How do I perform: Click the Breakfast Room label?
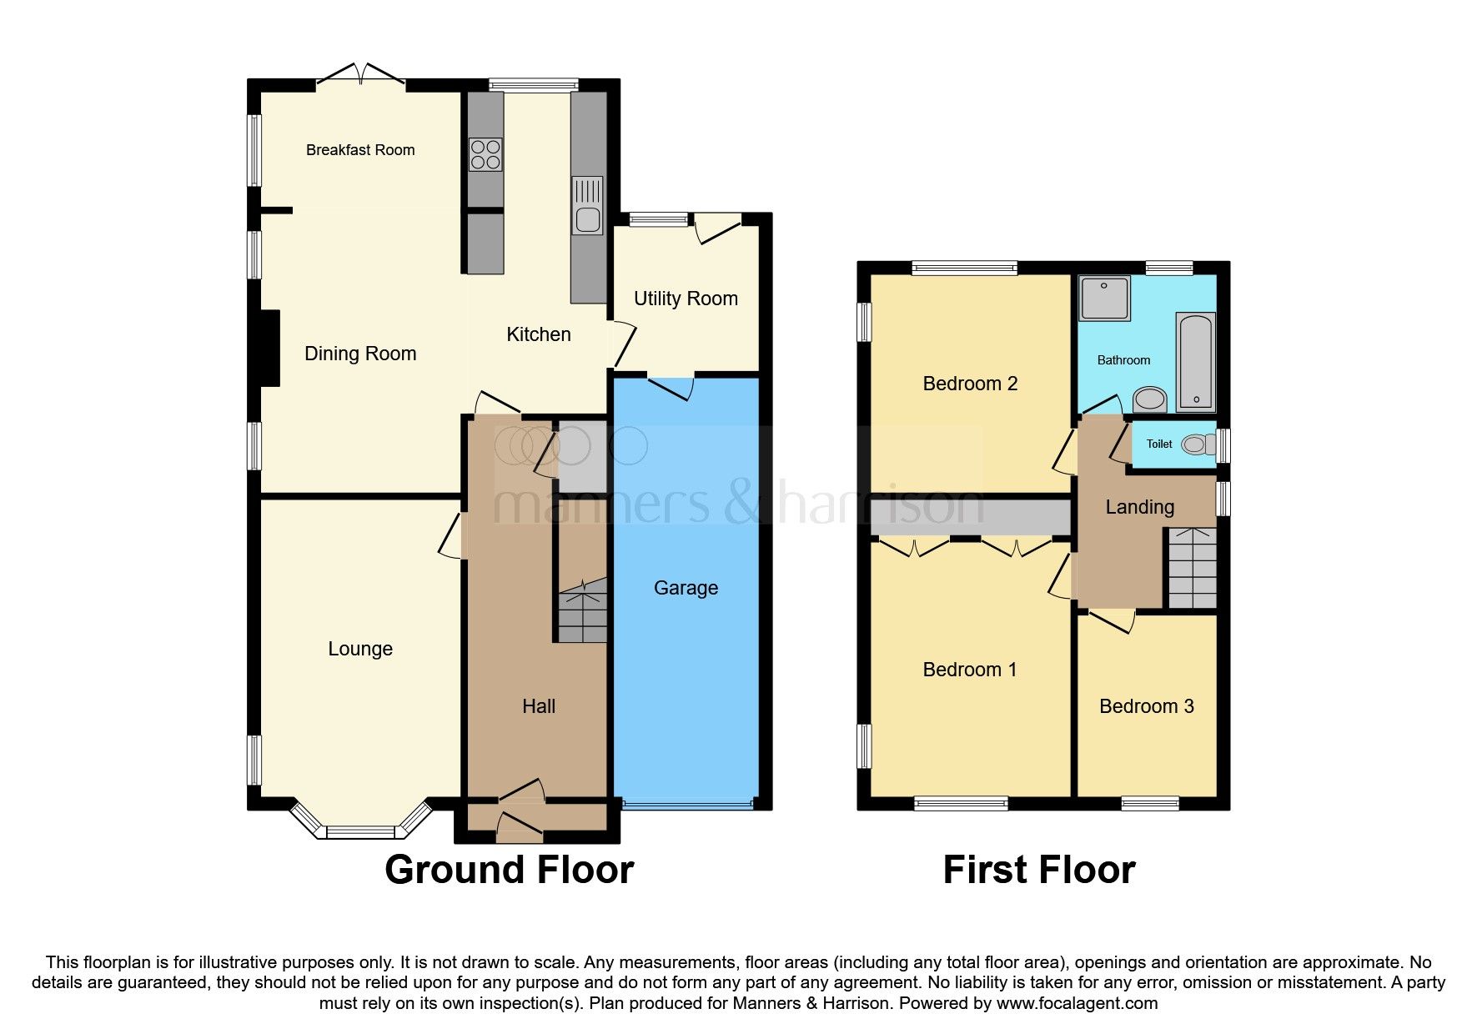point(360,150)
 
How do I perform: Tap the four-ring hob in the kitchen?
point(485,154)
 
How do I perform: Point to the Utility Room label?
point(686,299)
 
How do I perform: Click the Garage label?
point(686,588)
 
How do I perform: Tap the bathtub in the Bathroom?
point(1196,362)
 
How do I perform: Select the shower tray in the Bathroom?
point(1104,298)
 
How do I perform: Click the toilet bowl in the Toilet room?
point(1198,444)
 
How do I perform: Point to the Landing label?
point(1139,507)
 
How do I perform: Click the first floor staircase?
point(1192,568)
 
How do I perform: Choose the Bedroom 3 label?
point(1146,706)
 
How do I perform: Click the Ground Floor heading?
point(509,870)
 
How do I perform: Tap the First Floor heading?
point(1038,870)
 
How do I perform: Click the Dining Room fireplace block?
point(269,349)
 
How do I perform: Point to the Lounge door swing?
point(451,535)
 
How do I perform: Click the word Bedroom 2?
point(970,384)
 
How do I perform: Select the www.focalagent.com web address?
point(1077,1003)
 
